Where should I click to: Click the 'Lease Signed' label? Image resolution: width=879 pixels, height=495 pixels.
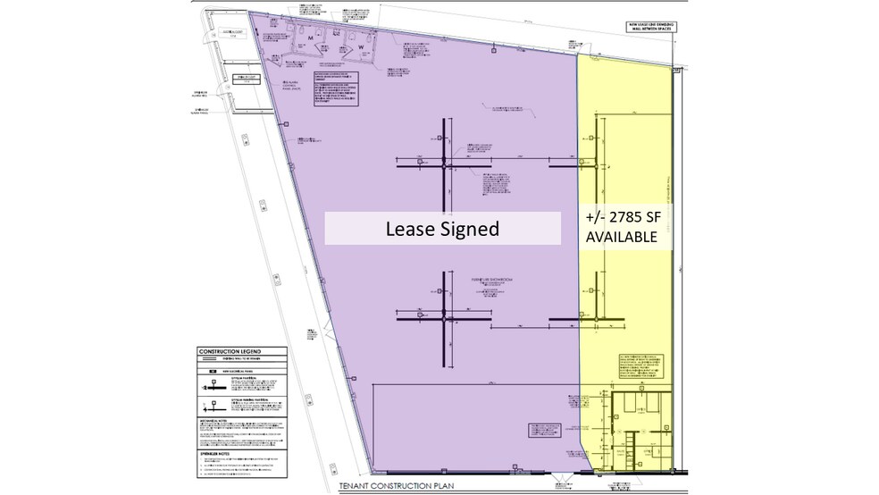[441, 229]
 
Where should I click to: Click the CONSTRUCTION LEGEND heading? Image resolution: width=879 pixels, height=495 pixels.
[230, 352]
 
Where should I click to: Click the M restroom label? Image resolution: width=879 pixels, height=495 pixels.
[312, 39]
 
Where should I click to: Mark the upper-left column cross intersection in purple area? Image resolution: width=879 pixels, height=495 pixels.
[444, 165]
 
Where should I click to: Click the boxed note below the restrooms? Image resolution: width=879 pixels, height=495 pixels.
[341, 88]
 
